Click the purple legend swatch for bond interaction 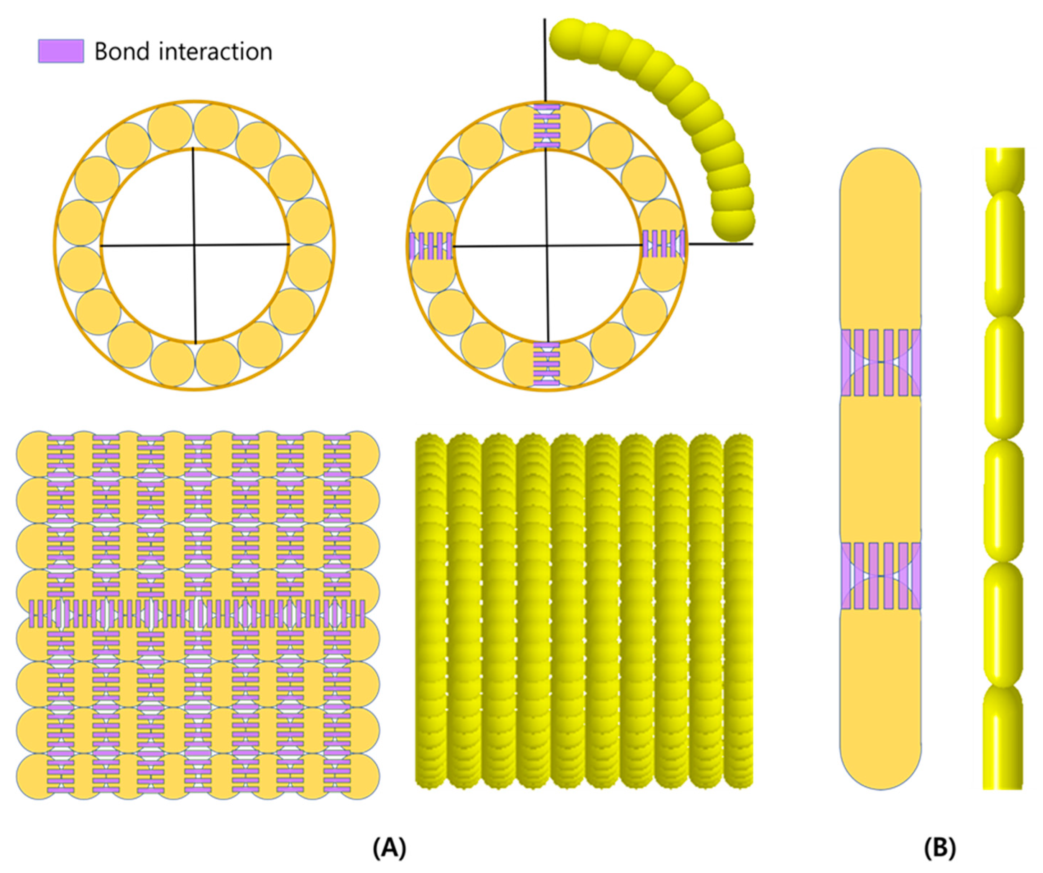tap(61, 51)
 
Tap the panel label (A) tap(389, 848)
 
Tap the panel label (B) tap(940, 848)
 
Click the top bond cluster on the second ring tap(546, 126)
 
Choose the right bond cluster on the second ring tap(663, 243)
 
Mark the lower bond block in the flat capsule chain tap(881, 575)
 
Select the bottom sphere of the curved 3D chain tap(733, 224)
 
